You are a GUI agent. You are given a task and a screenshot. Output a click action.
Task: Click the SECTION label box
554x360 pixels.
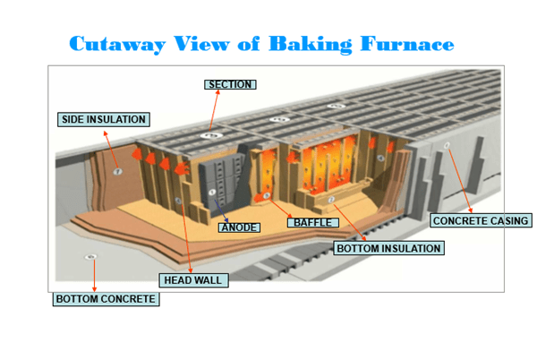(230, 85)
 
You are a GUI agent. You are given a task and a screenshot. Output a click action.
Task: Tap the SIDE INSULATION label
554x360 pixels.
(103, 119)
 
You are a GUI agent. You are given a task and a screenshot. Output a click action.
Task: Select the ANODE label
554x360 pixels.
(239, 227)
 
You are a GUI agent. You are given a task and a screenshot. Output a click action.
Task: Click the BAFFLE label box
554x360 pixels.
(312, 222)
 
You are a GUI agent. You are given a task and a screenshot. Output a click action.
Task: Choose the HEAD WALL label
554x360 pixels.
(192, 280)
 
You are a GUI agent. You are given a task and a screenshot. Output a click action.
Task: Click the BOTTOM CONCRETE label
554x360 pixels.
(107, 299)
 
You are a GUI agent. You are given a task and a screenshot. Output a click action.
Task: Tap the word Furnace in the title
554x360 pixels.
(408, 43)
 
